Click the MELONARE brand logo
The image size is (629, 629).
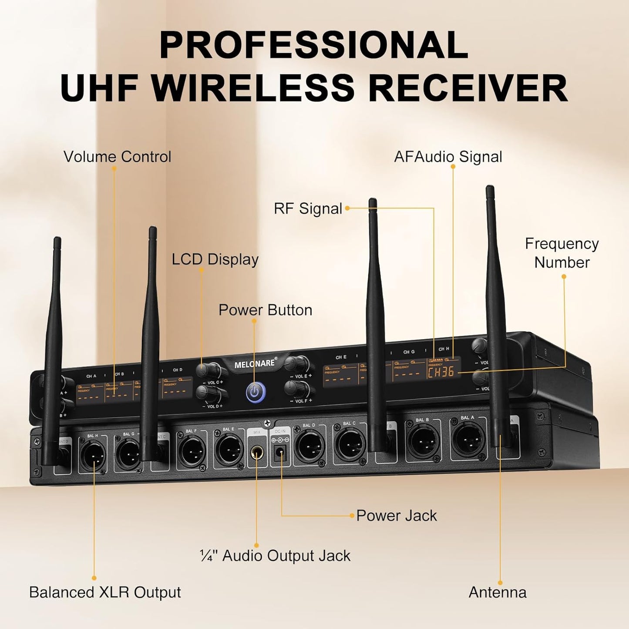255,363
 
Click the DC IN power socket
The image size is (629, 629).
280,456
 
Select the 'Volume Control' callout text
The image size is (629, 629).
118,157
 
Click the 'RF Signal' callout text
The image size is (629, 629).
308,209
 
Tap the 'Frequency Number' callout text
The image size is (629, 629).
562,253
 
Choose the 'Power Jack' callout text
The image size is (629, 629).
396,515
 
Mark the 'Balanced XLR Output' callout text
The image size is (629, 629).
105,592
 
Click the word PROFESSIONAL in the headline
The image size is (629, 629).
313,45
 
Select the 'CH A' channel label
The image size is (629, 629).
91,376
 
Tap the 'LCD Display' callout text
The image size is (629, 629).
215,259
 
